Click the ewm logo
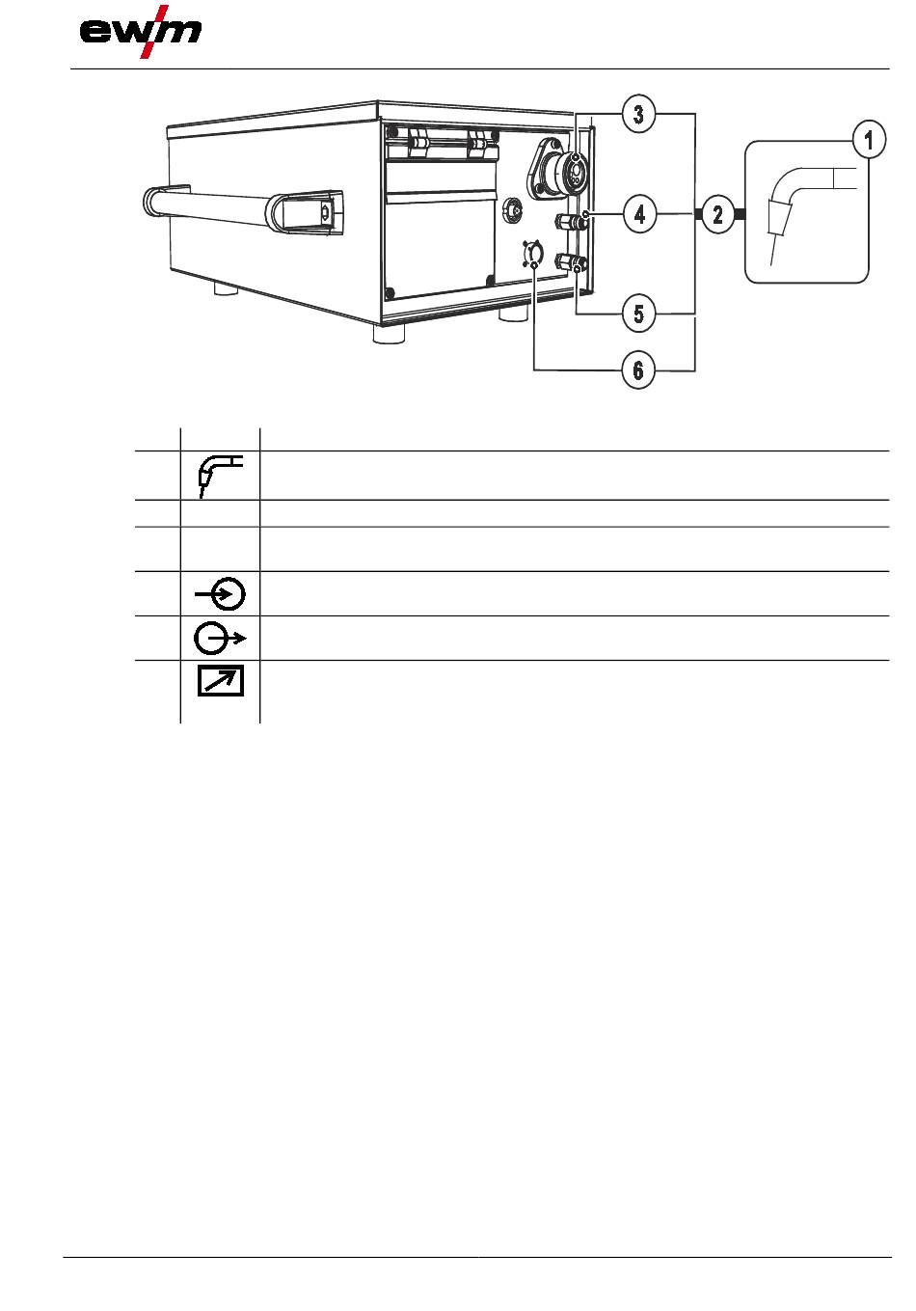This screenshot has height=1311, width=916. coord(141,32)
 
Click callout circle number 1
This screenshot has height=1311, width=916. coord(868,140)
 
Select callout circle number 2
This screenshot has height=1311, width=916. coord(717,215)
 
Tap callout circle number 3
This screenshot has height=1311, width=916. coord(638,114)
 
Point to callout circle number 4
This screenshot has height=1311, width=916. coord(639,215)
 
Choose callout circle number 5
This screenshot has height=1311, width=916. coord(638,314)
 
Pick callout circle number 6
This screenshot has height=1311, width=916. coord(638,370)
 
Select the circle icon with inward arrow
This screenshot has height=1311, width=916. coord(220,593)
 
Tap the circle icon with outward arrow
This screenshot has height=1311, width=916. coord(220,638)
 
